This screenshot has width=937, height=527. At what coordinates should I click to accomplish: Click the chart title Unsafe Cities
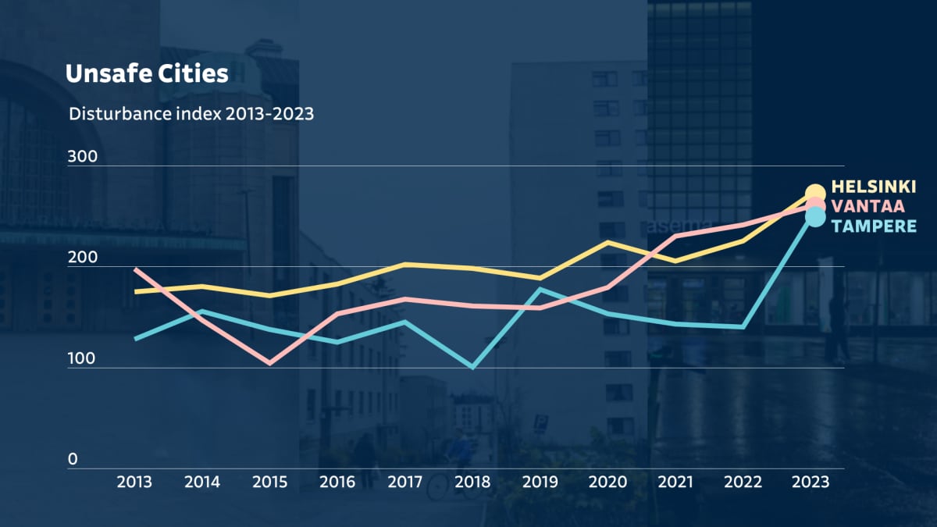(x=147, y=73)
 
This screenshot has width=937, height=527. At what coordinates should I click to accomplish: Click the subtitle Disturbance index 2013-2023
(x=191, y=114)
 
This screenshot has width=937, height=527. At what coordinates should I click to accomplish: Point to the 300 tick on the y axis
(x=82, y=156)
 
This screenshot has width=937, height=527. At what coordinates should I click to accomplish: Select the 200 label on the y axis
(x=82, y=258)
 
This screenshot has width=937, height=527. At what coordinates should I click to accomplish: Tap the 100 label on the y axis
(x=82, y=359)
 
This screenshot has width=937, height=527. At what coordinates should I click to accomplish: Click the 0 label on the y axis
(x=73, y=459)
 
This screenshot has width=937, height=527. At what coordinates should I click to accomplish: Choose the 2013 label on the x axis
(x=134, y=482)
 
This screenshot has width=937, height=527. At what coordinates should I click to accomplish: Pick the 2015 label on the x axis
(x=269, y=482)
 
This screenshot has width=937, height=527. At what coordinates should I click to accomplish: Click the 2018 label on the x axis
(x=472, y=482)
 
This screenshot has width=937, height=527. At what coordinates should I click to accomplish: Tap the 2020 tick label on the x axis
(x=607, y=482)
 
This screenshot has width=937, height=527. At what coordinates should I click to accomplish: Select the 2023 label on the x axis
(x=810, y=482)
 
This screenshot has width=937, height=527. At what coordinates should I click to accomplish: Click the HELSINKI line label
(x=874, y=187)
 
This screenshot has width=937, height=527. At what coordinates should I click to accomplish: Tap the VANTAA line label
(x=868, y=206)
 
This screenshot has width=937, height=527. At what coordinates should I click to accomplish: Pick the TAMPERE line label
(x=874, y=226)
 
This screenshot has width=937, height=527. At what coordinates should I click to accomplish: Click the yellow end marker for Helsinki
(x=814, y=193)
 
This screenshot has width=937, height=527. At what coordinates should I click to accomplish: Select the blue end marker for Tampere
(x=814, y=216)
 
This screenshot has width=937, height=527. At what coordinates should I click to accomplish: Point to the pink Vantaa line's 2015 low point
(x=269, y=363)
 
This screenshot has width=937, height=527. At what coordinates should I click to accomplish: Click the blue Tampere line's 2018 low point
(x=472, y=367)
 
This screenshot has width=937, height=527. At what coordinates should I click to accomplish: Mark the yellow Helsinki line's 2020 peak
(x=607, y=242)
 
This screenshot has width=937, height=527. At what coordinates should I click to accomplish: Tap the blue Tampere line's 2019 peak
(x=540, y=289)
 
